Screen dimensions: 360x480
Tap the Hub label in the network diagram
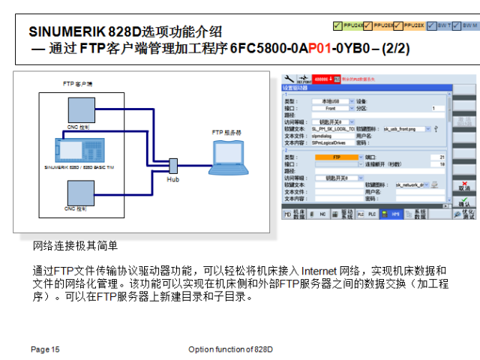(x=172, y=180)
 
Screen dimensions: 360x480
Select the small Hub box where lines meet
(x=172, y=165)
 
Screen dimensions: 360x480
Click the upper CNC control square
(x=78, y=109)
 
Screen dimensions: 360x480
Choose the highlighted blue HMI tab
(x=394, y=214)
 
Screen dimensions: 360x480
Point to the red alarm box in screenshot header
(x=327, y=77)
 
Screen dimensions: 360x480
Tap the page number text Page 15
(x=45, y=349)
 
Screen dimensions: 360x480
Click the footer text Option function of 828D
(x=231, y=349)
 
